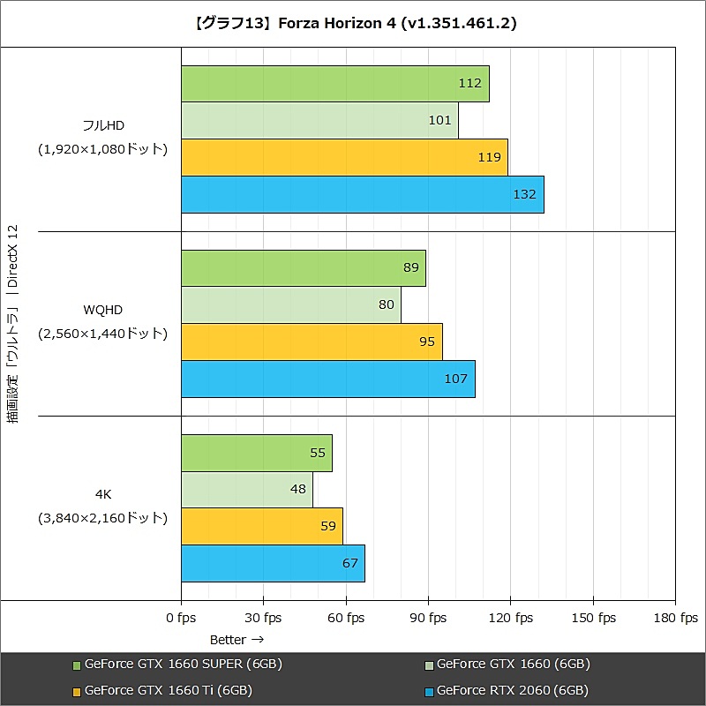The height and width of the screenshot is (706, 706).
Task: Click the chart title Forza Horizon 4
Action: tap(352, 24)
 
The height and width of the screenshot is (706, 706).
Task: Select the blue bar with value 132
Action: tap(362, 194)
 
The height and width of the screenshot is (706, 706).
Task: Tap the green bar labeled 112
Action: tap(334, 83)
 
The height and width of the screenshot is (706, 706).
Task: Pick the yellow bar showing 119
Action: tap(344, 157)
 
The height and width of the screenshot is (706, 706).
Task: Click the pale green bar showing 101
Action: tap(319, 120)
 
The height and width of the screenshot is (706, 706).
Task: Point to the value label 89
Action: tap(411, 267)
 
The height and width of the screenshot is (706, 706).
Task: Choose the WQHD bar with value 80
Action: tap(290, 304)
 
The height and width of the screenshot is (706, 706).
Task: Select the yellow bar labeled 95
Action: tap(312, 342)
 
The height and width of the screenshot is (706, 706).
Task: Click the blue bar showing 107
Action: tap(327, 379)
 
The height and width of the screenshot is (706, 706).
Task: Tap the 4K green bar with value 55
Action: tap(256, 453)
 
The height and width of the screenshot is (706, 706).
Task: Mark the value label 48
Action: tap(297, 490)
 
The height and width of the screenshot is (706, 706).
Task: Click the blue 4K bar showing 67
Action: tap(273, 563)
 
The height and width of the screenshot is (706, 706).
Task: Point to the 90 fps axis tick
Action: tap(427, 618)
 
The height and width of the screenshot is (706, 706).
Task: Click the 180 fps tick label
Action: tap(675, 618)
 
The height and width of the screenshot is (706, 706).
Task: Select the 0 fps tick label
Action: tap(181, 618)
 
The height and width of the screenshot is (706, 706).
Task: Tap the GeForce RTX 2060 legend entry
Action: tap(507, 690)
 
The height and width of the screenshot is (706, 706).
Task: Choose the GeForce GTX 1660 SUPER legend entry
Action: tap(176, 664)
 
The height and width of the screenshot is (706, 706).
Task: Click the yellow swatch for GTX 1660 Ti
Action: tap(77, 691)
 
